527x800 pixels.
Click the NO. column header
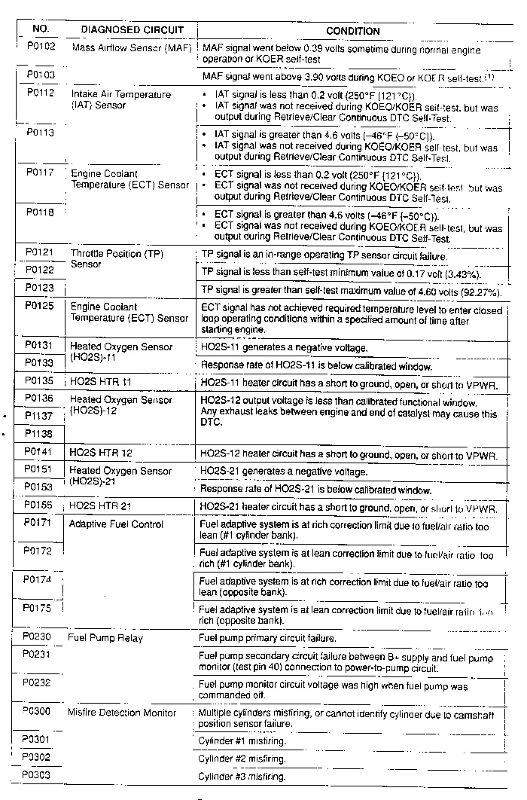[x=41, y=29]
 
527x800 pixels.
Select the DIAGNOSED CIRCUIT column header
[x=133, y=30]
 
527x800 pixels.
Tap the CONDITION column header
[x=352, y=31]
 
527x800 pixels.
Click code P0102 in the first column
[x=40, y=47]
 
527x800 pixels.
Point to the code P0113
[x=40, y=131]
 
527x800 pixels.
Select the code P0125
[x=40, y=307]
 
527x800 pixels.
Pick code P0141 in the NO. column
[x=39, y=452]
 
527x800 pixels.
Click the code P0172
[x=38, y=551]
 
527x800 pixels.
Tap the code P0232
[x=37, y=682]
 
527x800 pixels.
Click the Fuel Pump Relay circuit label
[x=105, y=637]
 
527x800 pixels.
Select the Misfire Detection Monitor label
[x=122, y=712]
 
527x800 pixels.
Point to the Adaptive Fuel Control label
[x=116, y=524]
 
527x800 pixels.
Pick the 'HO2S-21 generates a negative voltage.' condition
[x=283, y=472]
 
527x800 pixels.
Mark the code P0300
[x=37, y=711]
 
